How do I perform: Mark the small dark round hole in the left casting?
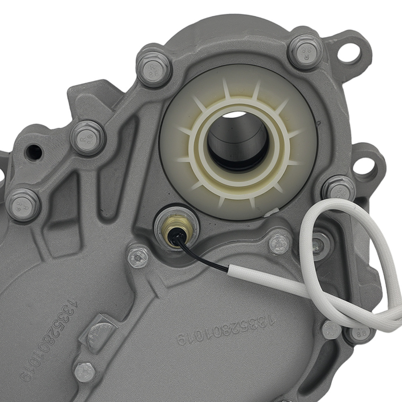(x=34, y=152)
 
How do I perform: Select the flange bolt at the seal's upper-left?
(x=154, y=69)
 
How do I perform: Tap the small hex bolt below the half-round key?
(x=84, y=372)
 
